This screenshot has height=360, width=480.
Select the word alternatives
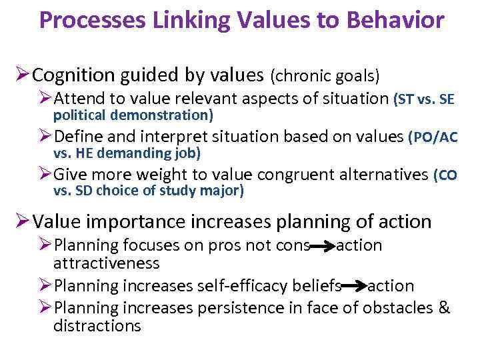tap(383, 175)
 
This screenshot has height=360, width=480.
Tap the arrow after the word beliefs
tap(354, 286)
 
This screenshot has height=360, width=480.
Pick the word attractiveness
tap(107, 263)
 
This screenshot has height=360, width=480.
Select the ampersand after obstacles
tap(445, 307)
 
